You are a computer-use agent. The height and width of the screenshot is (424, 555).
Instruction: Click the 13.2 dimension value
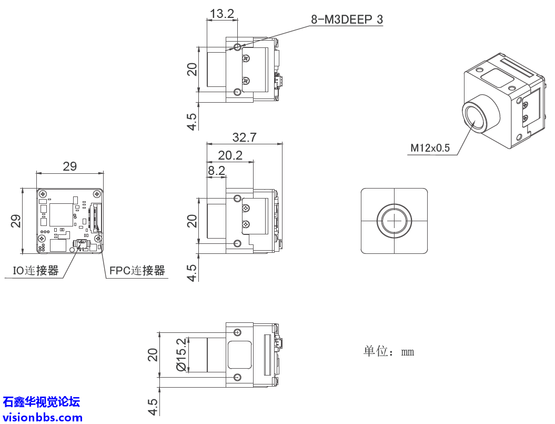[221, 14]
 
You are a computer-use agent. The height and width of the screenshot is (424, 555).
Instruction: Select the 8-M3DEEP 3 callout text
[347, 20]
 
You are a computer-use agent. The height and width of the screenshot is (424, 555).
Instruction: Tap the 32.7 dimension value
[244, 137]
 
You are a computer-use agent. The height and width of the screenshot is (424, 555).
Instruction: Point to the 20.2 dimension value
[230, 155]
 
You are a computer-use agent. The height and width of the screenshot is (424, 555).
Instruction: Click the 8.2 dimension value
[216, 170]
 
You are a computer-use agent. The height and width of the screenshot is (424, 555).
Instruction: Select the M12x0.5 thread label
[430, 148]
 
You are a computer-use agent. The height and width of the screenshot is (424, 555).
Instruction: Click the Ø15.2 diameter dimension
[181, 354]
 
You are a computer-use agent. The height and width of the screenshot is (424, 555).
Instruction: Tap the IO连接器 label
[36, 271]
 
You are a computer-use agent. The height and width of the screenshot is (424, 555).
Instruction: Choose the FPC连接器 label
[137, 271]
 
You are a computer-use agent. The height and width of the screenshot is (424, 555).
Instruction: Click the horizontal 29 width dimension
[69, 166]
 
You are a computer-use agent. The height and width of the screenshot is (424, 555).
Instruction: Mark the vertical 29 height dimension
[16, 221]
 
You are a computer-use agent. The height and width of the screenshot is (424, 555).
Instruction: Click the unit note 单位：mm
[388, 351]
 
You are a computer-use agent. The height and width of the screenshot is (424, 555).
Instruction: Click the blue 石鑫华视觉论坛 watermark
[42, 402]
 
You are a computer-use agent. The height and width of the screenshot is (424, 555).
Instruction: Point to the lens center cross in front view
[393, 221]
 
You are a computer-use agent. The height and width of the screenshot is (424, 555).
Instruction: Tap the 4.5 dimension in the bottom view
[153, 406]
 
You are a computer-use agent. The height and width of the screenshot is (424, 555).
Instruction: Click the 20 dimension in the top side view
[193, 70]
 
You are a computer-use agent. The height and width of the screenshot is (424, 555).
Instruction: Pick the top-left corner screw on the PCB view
[42, 193]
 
